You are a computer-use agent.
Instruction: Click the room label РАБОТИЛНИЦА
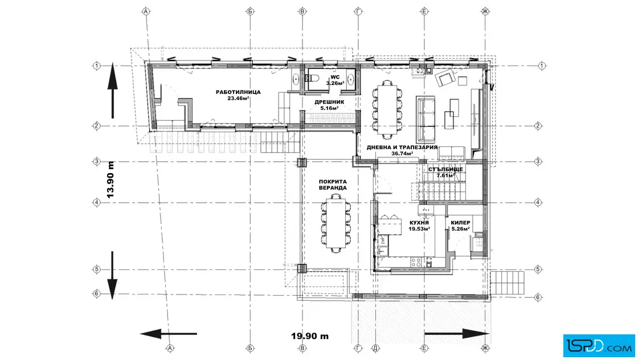[238, 92]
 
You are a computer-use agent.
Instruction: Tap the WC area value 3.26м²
[335, 83]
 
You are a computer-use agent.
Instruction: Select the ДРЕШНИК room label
[329, 102]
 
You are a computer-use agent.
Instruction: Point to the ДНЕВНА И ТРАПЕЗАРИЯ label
[402, 148]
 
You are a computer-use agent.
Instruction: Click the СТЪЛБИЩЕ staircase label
[445, 169]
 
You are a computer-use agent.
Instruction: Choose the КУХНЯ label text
[419, 223]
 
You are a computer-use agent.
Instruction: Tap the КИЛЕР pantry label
[461, 223]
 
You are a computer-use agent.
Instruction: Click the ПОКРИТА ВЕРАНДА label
[333, 185]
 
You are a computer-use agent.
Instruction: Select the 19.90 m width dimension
[310, 336]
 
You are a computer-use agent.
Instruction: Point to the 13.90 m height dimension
[111, 179]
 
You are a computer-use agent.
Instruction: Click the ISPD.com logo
[599, 346]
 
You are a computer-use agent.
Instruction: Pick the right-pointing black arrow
[456, 334]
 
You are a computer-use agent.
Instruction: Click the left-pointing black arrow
[169, 334]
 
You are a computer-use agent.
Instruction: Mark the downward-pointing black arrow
[112, 275]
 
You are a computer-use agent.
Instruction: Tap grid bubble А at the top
[146, 11]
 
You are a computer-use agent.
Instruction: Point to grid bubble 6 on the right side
[538, 297]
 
